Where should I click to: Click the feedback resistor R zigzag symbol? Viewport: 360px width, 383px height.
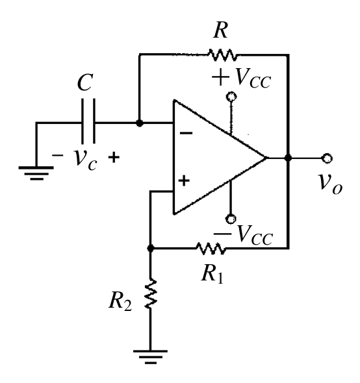tap(222, 55)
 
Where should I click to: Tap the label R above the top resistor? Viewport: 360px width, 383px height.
tap(220, 30)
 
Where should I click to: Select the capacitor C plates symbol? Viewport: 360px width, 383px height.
tap(88, 121)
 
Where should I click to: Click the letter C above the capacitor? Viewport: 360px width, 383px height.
tap(85, 82)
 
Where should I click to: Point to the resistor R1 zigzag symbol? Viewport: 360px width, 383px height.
tap(211, 249)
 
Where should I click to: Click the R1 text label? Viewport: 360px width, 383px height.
tap(212, 274)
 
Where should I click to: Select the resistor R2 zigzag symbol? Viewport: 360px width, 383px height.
tap(150, 293)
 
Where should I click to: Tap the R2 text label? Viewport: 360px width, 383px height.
tap(120, 301)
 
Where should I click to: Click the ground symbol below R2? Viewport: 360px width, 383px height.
tap(150, 357)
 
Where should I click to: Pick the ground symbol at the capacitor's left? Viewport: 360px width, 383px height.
tap(36, 173)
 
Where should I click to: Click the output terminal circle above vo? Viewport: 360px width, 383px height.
tap(327, 158)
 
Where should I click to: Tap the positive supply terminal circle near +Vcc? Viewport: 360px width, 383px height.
tap(231, 97)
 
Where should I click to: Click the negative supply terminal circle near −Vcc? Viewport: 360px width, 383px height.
tap(231, 219)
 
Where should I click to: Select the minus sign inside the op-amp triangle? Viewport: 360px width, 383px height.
tap(186, 133)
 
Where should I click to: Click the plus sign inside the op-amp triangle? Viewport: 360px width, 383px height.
tap(184, 181)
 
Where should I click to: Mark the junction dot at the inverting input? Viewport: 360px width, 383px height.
tap(140, 123)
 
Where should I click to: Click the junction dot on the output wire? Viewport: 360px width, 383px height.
tap(289, 158)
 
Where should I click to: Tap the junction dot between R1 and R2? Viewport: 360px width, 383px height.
tap(151, 249)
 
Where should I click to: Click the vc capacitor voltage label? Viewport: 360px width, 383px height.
tap(85, 159)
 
